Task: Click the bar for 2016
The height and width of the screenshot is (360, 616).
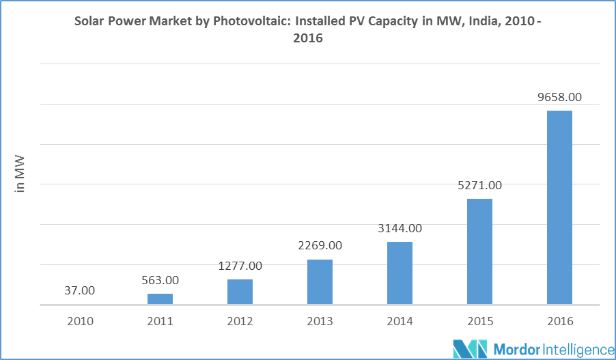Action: click(x=559, y=208)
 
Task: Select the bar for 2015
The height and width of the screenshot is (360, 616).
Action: click(x=479, y=251)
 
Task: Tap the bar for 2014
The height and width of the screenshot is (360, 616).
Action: click(x=400, y=273)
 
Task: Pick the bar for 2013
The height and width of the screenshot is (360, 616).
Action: click(x=320, y=282)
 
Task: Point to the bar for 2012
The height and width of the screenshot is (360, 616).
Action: click(x=240, y=292)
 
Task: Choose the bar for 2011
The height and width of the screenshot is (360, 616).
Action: click(x=160, y=299)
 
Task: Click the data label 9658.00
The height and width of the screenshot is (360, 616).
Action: click(x=559, y=97)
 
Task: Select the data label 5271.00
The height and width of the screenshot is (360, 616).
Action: click(x=479, y=185)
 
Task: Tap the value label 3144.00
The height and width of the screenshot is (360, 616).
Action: click(x=400, y=228)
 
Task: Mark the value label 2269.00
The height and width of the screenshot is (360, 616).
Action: click(x=320, y=245)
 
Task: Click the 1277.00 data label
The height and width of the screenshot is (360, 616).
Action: click(x=240, y=265)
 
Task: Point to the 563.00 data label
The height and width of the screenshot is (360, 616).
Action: click(x=160, y=279)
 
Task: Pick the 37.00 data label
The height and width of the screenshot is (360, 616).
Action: click(x=80, y=290)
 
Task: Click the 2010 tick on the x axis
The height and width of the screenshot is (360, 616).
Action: click(x=80, y=320)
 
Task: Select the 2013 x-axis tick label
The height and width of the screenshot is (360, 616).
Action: click(x=320, y=320)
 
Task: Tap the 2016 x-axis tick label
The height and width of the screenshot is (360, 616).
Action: click(x=559, y=320)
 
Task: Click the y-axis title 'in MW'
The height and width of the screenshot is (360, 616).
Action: click(x=20, y=174)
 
